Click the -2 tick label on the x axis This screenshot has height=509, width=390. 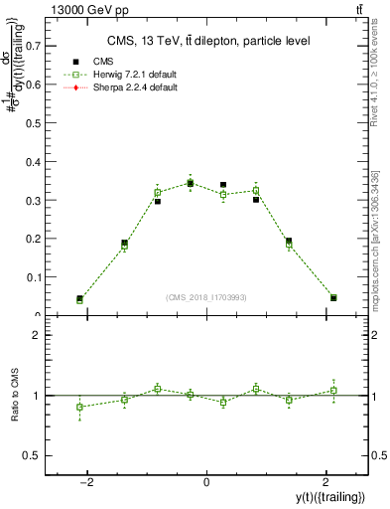tap(88, 481)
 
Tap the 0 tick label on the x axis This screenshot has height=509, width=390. tap(206, 481)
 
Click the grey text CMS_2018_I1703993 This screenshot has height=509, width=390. tap(206, 298)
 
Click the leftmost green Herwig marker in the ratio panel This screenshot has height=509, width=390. tap(79, 407)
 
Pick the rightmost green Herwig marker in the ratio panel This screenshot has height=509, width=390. tap(333, 390)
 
